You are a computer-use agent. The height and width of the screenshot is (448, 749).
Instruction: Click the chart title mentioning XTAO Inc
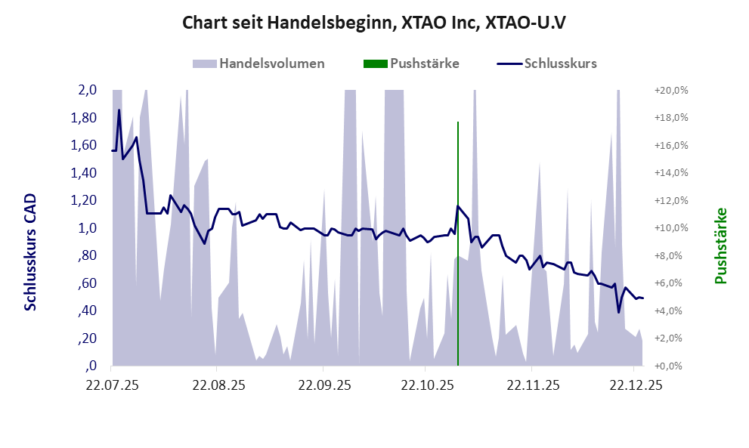click(x=374, y=23)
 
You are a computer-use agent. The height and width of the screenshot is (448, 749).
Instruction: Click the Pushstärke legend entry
click(x=424, y=63)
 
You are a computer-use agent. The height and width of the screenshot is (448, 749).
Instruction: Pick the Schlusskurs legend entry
click(x=560, y=63)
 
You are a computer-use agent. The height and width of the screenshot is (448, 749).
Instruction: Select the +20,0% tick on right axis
click(x=671, y=90)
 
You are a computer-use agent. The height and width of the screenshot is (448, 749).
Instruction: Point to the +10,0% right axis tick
click(x=671, y=228)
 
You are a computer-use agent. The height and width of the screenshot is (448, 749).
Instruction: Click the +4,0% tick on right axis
click(x=671, y=311)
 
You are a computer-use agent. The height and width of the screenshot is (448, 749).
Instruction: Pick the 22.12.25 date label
click(x=636, y=385)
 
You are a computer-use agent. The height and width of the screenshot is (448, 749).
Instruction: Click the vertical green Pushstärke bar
click(x=458, y=242)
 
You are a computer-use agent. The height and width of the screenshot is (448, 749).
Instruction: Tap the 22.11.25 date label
click(x=533, y=385)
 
